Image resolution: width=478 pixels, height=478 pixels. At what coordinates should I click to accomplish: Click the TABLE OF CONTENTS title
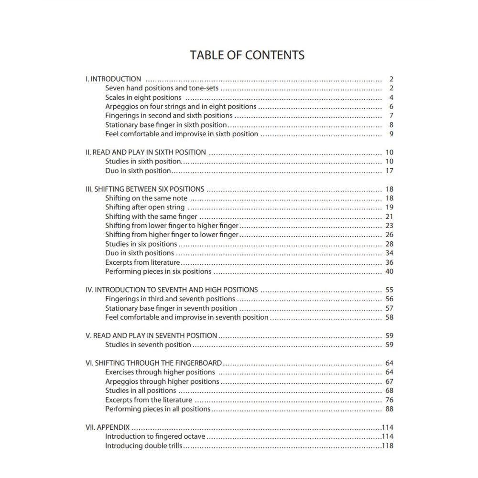point(247,55)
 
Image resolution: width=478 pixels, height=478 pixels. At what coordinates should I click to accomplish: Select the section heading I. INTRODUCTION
point(113,79)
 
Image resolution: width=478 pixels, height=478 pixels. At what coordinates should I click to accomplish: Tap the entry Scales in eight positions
point(143,98)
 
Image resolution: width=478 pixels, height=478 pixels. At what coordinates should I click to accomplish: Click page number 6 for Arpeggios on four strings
point(391,107)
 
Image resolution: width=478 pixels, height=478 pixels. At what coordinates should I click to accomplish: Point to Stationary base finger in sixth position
point(166,125)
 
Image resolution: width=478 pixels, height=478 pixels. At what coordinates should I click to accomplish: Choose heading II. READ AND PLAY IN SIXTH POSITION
point(145,152)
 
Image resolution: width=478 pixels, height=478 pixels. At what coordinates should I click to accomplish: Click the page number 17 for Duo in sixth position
point(389,171)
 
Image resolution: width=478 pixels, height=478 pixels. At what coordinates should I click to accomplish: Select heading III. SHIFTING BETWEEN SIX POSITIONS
point(145,189)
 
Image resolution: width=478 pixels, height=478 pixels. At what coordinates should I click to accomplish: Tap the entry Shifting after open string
point(145,207)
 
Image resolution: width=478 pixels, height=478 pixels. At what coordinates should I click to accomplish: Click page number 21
point(389,217)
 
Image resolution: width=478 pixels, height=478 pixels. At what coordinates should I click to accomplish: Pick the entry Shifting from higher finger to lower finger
point(172,235)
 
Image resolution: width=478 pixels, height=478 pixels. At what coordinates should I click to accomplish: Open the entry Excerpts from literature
point(142,262)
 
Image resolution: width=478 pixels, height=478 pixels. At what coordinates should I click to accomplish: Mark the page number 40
point(389,272)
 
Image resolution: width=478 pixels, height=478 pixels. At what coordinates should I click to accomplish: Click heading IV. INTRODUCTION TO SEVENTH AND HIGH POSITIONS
point(172,290)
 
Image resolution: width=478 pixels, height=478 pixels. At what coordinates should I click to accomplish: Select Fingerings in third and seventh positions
point(170,299)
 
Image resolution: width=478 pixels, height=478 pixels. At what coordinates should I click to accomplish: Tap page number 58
point(389,317)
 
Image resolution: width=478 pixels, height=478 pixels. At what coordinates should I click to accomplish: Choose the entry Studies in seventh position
point(148,345)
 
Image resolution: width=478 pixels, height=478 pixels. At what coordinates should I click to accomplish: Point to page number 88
point(389,409)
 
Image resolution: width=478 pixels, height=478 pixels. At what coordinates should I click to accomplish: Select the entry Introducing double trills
point(143,446)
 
